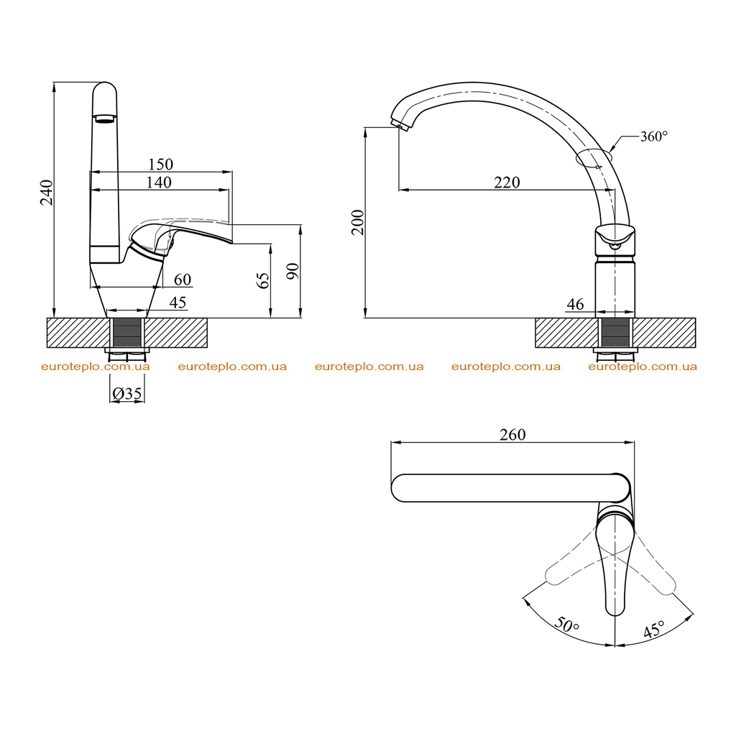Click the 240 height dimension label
point(47,192)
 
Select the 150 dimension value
point(160,165)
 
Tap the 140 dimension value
point(159,182)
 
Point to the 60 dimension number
point(183,280)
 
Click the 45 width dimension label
point(178,303)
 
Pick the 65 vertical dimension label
point(264,281)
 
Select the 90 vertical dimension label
point(293,271)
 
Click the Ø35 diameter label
point(126,393)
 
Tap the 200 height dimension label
point(358,222)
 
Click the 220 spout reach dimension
point(507,182)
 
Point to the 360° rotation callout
point(654,136)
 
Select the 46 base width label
point(576,304)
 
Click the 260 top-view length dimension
point(512,435)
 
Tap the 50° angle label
point(567,625)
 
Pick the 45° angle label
point(653,630)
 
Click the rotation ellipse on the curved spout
point(594,158)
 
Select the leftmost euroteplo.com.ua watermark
point(96,367)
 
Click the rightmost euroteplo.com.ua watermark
point(643,367)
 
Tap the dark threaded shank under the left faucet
point(127,333)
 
